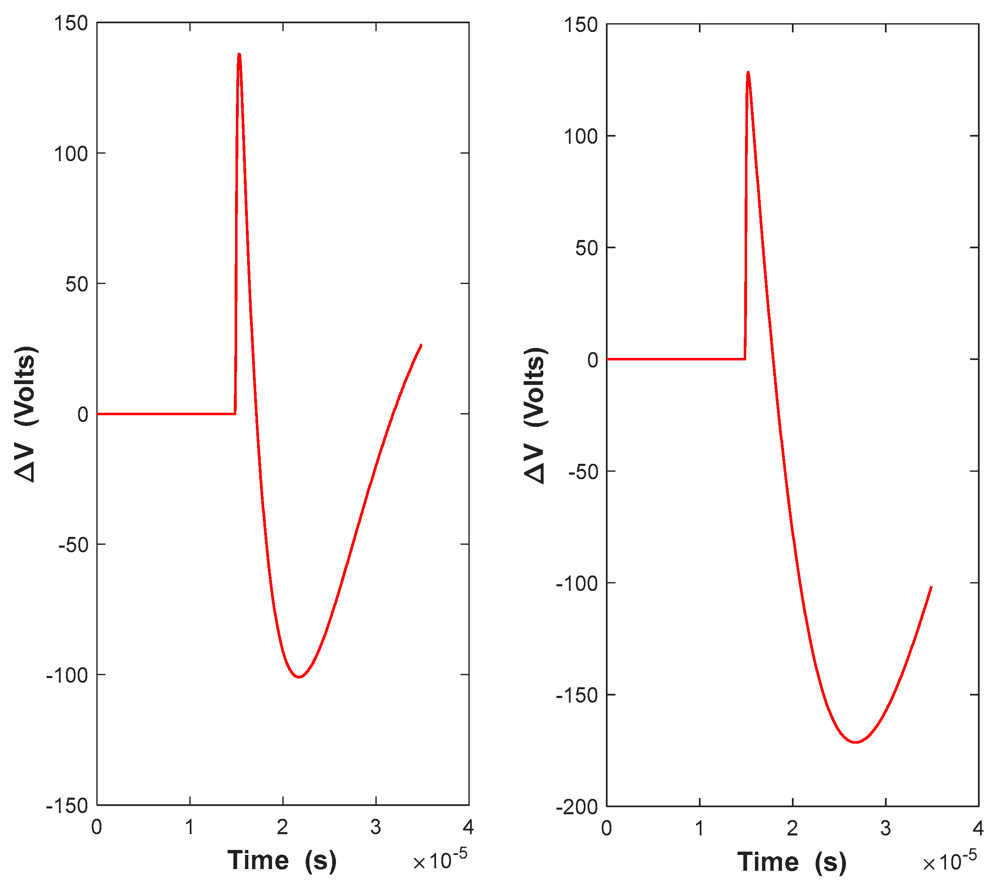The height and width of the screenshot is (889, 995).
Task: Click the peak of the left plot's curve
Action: [x=239, y=54]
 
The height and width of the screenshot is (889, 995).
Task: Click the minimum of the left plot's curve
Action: [x=299, y=677]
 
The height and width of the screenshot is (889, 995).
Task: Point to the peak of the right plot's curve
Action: [x=748, y=72]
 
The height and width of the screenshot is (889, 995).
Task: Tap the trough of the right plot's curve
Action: [x=856, y=742]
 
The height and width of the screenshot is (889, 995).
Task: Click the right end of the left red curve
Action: [x=421, y=345]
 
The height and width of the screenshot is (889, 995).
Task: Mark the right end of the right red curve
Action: [x=931, y=587]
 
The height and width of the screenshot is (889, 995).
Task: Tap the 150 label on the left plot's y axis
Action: [x=71, y=23]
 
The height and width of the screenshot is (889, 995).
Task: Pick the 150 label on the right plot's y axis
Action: [x=581, y=24]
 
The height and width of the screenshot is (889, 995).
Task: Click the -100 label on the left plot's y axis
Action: [x=67, y=676]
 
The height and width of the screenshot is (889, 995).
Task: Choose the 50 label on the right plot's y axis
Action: [x=587, y=248]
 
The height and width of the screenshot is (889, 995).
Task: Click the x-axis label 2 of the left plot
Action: [x=282, y=828]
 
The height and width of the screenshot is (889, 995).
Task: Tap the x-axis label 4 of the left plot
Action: [x=468, y=828]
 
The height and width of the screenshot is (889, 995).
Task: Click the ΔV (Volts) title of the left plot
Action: [x=25, y=414]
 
